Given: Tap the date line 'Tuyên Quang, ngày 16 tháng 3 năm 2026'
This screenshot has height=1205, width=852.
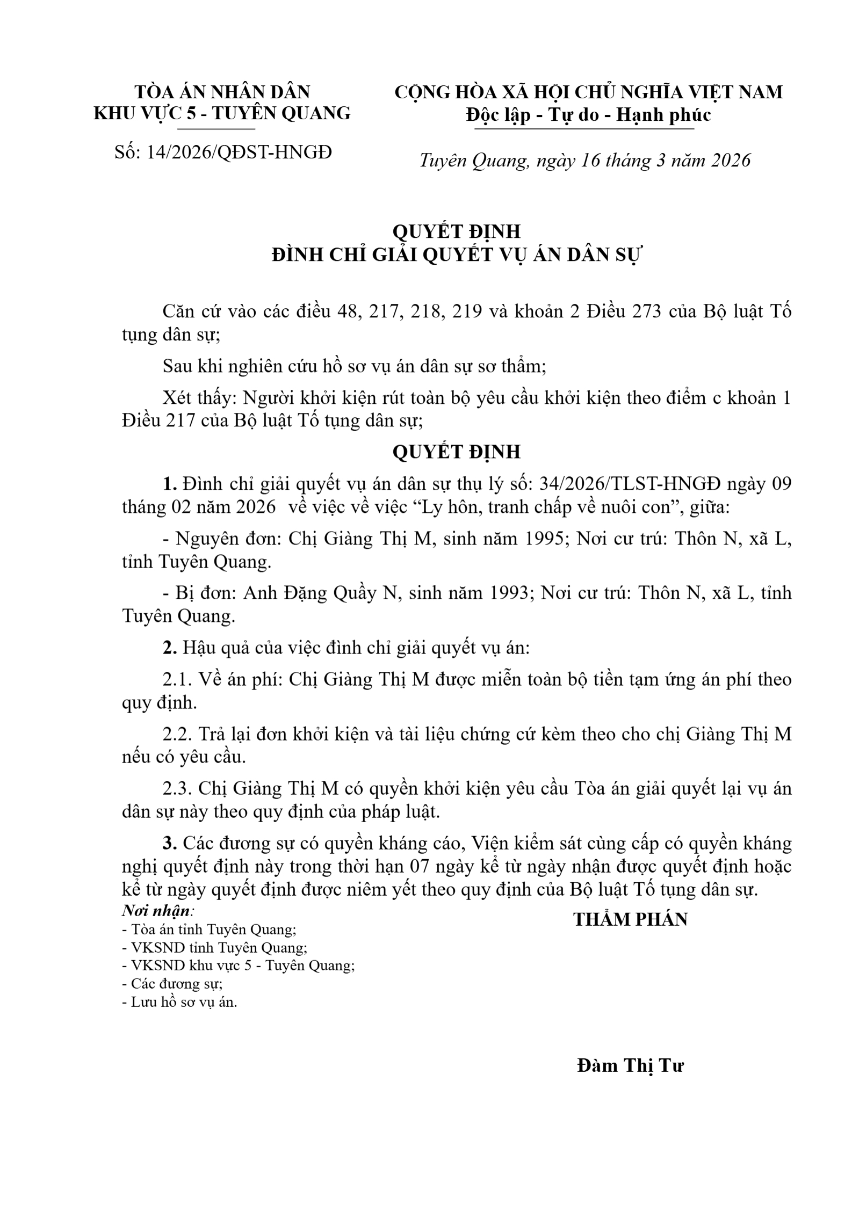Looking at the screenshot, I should click(x=584, y=161).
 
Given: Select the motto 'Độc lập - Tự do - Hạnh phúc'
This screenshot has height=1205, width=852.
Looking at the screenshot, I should click(x=588, y=115).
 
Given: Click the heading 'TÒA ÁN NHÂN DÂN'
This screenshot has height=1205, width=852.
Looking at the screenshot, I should click(x=222, y=92).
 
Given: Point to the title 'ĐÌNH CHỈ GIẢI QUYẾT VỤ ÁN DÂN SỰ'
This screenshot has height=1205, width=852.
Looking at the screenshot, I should click(x=457, y=255).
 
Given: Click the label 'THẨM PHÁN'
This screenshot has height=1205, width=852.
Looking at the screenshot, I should click(x=630, y=919).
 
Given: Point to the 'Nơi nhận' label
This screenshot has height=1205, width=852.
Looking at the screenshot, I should click(x=156, y=911).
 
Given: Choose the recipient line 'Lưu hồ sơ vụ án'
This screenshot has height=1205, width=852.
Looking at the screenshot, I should click(x=180, y=1002).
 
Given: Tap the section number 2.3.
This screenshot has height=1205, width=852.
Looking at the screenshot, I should click(x=177, y=789).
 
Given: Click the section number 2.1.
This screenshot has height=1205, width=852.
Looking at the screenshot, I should click(x=177, y=679).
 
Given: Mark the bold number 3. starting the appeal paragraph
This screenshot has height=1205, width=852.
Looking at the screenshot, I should click(x=170, y=844).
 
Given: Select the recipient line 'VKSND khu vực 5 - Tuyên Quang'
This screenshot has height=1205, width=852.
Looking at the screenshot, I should click(x=239, y=966).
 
